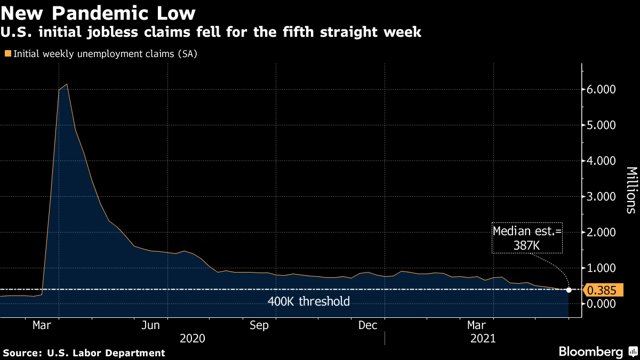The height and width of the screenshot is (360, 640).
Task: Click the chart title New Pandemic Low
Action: [98, 12]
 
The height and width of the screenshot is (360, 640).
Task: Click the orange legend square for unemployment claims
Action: [7, 53]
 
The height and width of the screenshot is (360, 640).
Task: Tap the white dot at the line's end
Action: [569, 290]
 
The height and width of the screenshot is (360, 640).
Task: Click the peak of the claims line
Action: [66, 84]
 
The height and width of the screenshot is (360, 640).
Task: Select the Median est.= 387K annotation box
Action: [527, 238]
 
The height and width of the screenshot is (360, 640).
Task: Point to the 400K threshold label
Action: [308, 302]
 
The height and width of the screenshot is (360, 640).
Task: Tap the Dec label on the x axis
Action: [367, 325]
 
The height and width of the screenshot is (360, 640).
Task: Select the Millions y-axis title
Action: [630, 190]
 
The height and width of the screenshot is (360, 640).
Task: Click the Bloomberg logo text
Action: [590, 351]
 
